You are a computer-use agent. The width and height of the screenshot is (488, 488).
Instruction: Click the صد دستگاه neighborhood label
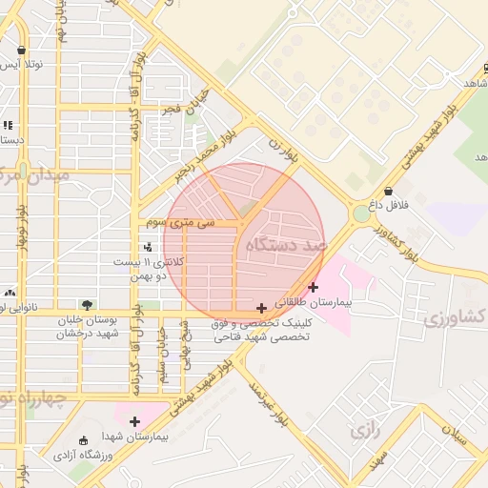[285, 245]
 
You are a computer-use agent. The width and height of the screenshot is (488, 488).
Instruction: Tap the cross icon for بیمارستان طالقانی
[314, 287]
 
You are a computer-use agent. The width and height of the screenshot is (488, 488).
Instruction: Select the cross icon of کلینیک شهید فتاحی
[262, 308]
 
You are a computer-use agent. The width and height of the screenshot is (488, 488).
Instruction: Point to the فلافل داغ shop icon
[388, 191]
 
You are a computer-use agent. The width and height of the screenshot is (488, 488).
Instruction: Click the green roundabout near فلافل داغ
[361, 214]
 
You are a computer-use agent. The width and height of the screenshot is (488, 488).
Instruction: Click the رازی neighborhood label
[364, 431]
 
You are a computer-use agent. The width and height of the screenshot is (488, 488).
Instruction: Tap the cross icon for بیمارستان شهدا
[134, 421]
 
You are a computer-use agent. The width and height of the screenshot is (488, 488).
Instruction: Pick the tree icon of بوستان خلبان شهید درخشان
[88, 305]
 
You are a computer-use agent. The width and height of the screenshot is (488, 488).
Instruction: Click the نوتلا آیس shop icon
[21, 51]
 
